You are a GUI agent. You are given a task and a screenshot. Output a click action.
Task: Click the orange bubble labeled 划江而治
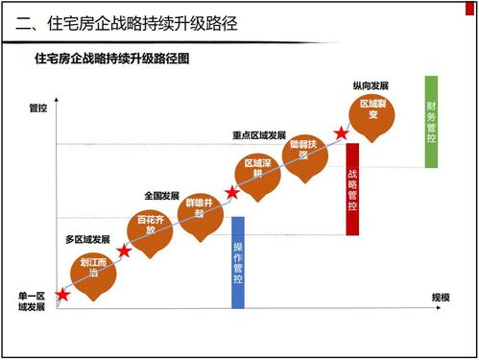(92, 271)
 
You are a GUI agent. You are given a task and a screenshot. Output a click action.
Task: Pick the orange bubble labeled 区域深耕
(258, 173)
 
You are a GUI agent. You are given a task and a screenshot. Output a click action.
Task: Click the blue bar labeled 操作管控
(238, 262)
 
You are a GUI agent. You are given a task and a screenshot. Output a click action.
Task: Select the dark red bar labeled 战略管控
(352, 189)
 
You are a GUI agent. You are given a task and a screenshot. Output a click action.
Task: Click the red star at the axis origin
(63, 295)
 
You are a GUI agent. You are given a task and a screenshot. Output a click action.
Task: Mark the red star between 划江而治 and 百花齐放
(124, 252)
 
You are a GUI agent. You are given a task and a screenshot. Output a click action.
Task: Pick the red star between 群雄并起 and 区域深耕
(231, 193)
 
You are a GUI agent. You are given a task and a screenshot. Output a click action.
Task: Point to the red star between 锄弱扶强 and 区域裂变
(340, 133)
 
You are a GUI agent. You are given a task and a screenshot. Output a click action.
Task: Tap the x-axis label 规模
(441, 297)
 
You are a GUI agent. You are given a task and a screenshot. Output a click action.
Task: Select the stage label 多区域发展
(87, 238)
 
